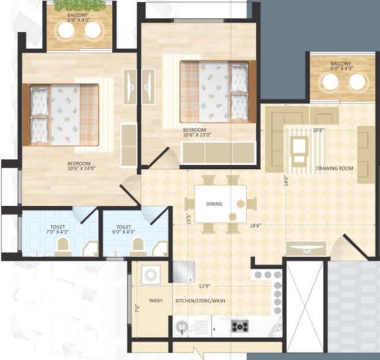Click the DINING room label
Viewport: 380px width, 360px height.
coord(213,204)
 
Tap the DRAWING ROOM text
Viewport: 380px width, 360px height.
coord(334,169)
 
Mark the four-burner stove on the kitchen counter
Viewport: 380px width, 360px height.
coord(240,326)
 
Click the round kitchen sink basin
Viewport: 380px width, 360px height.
coord(181,327)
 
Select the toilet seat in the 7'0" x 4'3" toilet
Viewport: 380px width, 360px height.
coord(61,248)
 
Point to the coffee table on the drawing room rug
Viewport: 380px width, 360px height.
coord(298,147)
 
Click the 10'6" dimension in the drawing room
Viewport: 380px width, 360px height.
coord(319,130)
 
